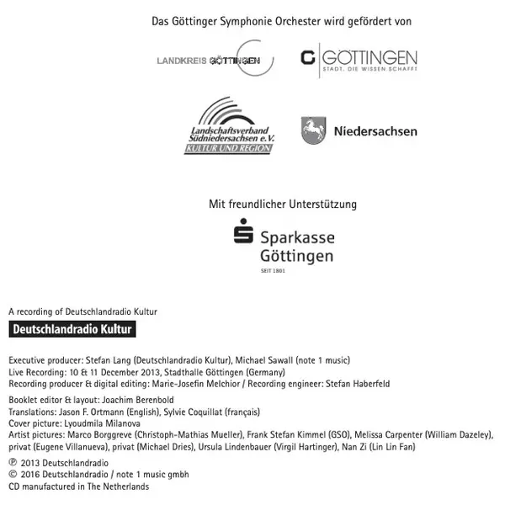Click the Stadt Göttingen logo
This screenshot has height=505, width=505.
tap(359, 61)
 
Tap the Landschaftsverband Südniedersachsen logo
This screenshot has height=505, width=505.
tap(229, 127)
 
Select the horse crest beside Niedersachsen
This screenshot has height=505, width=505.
tap(314, 130)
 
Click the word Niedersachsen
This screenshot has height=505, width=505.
tap(375, 131)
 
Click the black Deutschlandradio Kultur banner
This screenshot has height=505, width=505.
tap(72, 329)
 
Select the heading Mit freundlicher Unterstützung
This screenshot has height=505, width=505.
tap(283, 204)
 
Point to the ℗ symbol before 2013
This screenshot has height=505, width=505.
tap(12, 462)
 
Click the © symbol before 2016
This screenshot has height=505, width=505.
tap(12, 474)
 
